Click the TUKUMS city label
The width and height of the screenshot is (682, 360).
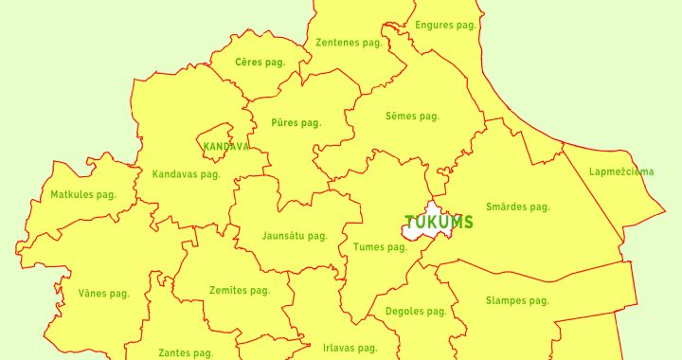click(440, 223)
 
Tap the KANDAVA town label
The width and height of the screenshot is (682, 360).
click(226, 147)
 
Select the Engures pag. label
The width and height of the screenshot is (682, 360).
click(445, 26)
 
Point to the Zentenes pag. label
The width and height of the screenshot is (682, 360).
click(348, 43)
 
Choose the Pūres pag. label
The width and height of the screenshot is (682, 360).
click(296, 122)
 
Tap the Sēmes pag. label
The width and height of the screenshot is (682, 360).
click(412, 117)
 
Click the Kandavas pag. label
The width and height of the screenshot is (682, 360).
click(186, 174)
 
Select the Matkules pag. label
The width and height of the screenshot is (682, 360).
click(83, 195)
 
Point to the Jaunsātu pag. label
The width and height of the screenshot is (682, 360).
click(295, 236)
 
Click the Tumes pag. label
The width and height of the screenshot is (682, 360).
click(379, 247)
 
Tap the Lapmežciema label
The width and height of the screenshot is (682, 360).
click(621, 171)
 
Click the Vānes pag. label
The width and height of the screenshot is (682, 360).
click(104, 294)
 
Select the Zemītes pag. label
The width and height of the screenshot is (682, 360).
click(241, 291)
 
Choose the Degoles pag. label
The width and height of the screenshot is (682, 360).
click(416, 312)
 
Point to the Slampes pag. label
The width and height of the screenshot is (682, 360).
click(517, 301)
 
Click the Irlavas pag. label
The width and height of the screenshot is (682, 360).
click(350, 348)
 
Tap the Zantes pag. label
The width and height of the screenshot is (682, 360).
click(186, 352)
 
